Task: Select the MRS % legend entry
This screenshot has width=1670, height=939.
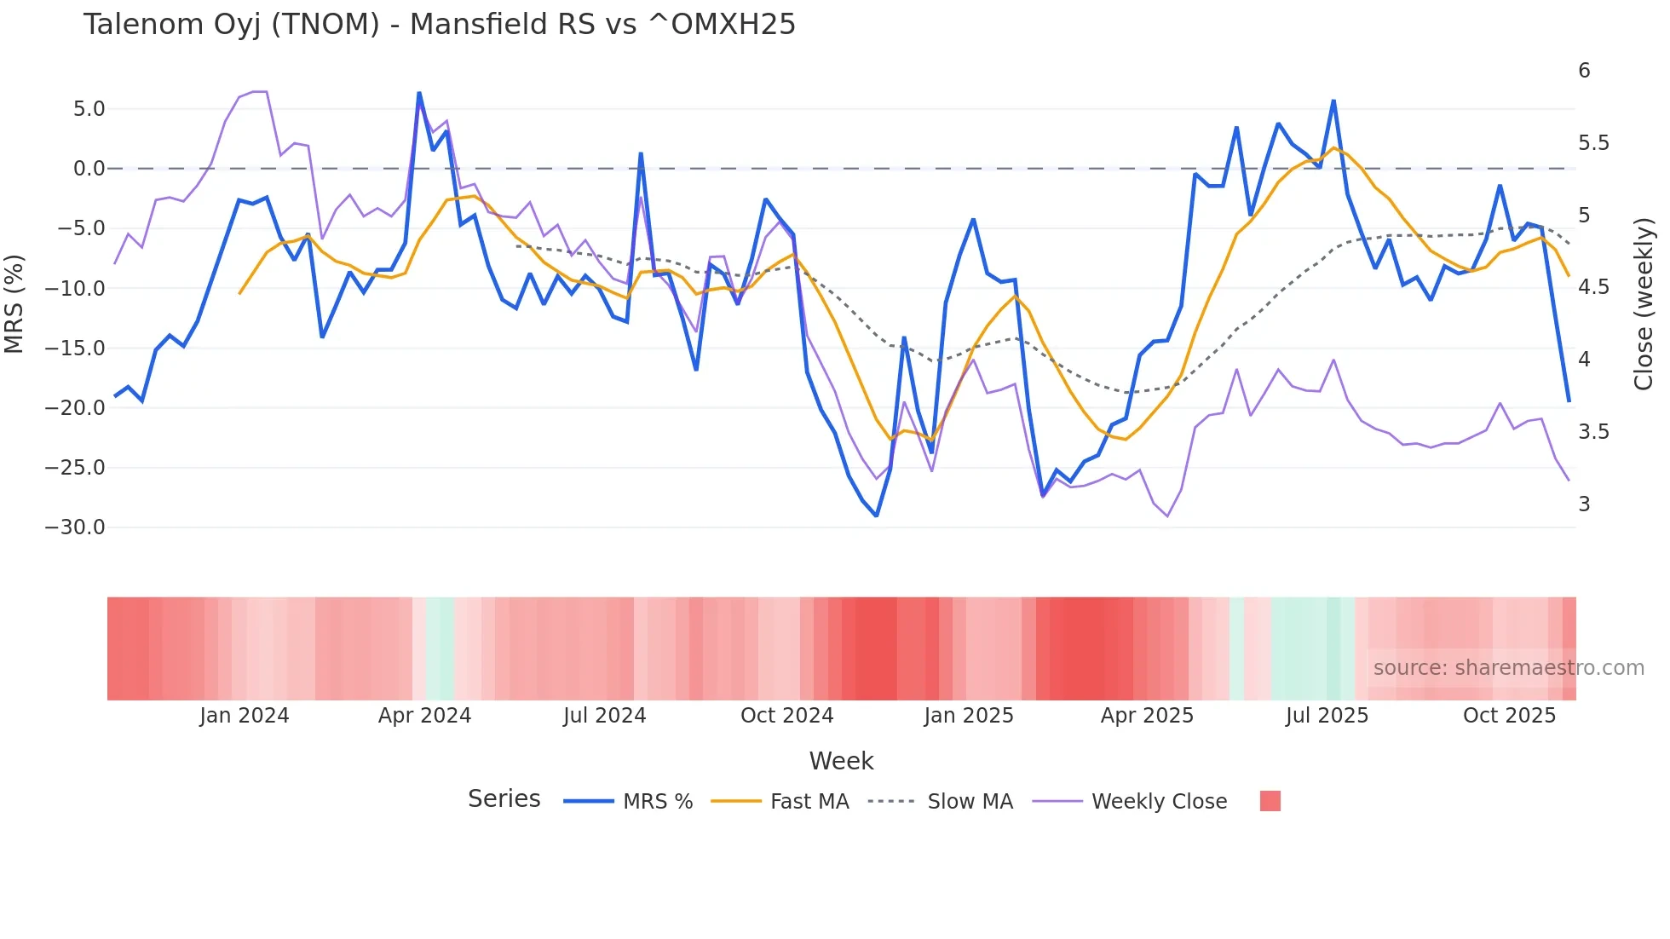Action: tap(657, 802)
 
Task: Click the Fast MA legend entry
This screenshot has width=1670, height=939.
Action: tap(809, 802)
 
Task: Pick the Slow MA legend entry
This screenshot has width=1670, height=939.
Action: tap(970, 802)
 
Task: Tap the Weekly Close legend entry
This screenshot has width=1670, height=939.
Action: tap(1159, 802)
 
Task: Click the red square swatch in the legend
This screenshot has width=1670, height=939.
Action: tap(1270, 801)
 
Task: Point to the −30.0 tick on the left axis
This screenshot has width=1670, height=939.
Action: tap(75, 527)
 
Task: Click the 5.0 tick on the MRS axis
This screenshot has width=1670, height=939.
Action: tap(89, 109)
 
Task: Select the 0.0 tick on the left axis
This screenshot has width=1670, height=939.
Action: tap(89, 169)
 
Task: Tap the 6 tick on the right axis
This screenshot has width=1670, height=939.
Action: tap(1584, 71)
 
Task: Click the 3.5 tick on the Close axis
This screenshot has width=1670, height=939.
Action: tap(1592, 432)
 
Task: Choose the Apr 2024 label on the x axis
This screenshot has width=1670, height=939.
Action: tap(424, 716)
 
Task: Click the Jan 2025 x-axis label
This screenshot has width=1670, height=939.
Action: tap(968, 716)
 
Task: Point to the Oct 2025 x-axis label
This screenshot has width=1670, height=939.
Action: tap(1509, 716)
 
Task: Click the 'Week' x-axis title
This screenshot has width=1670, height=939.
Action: tap(841, 761)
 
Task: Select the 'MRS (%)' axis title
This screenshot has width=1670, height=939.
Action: tap(14, 303)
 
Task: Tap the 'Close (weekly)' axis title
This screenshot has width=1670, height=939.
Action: tap(1644, 303)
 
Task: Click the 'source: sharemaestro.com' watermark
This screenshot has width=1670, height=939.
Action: tap(1508, 668)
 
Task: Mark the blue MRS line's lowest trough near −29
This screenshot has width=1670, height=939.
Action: tap(876, 516)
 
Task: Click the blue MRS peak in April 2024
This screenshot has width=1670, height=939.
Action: tap(419, 94)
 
